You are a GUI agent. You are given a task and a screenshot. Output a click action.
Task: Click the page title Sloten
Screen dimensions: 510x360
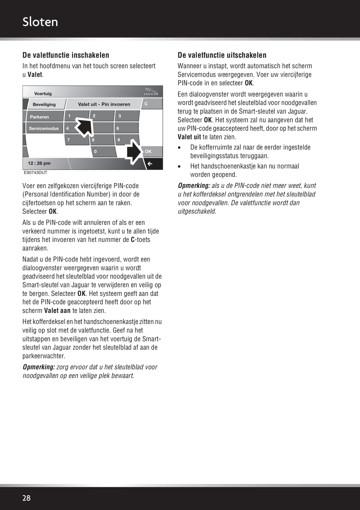tap(40, 22)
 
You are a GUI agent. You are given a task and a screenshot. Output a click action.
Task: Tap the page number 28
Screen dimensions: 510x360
tap(26, 498)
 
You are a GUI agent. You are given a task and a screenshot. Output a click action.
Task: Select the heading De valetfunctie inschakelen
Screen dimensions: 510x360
tap(66, 55)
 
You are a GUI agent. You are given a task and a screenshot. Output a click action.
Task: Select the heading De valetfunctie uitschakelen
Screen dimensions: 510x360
tap(222, 55)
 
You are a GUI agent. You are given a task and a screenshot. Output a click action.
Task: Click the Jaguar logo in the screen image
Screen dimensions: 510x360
tap(151, 92)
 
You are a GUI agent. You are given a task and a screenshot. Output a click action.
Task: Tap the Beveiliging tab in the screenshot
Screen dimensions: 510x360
tap(44, 104)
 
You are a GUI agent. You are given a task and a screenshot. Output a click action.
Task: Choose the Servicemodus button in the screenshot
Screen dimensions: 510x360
tap(44, 129)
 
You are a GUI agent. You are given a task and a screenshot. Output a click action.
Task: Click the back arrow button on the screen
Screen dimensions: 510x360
tap(150, 164)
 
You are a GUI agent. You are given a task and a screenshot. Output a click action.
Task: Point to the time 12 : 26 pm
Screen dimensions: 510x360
tap(39, 163)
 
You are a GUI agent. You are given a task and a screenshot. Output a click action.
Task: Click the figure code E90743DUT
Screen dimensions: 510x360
tap(36, 173)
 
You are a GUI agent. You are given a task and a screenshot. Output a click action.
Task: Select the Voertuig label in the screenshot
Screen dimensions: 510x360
tap(43, 94)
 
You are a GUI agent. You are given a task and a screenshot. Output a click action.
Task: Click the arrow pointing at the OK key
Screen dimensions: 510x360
tap(134, 152)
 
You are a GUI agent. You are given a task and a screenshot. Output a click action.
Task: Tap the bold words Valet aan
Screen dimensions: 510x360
tap(57, 311)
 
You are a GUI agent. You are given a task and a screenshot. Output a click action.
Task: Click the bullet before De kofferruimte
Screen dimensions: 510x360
tap(179, 148)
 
